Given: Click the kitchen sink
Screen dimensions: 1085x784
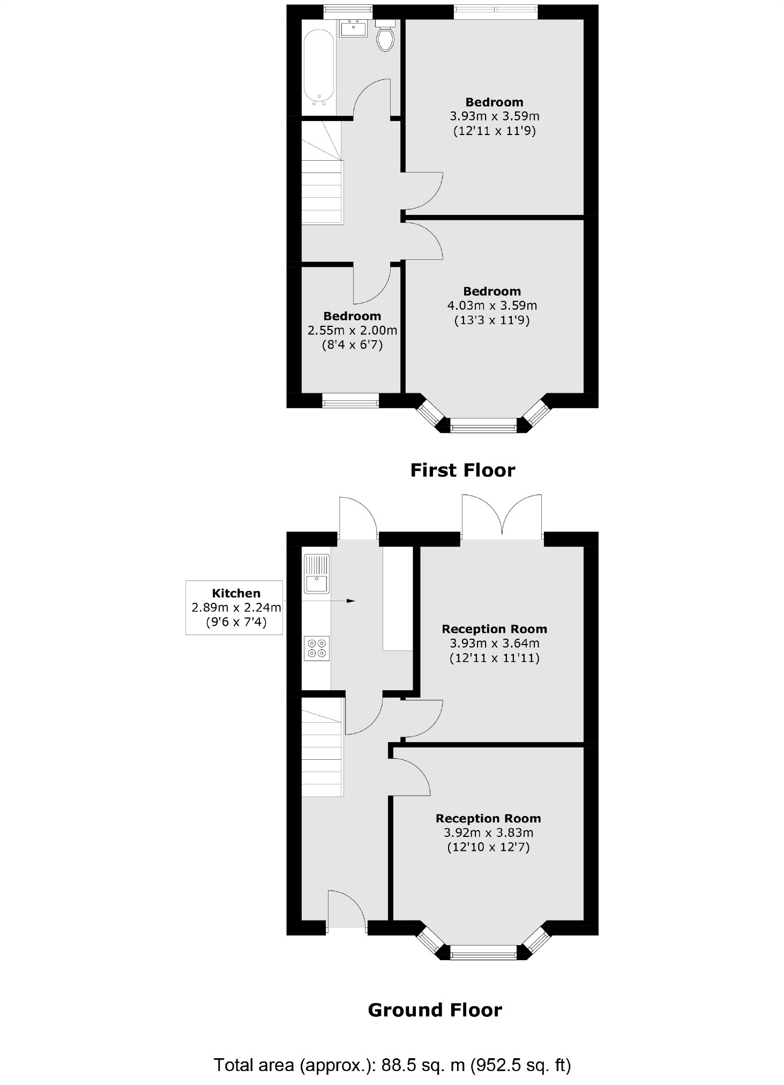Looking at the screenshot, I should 317,574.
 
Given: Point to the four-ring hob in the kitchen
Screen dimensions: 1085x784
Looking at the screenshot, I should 317,647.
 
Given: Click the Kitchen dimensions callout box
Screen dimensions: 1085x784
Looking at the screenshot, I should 234,608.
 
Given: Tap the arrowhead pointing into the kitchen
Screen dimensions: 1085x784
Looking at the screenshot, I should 351,601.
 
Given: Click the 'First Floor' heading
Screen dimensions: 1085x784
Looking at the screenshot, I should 462,470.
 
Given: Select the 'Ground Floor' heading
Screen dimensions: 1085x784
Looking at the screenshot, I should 435,1010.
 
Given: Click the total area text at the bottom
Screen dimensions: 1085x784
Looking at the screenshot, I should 392,1065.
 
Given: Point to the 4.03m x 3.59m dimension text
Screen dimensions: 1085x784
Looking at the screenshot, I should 492,305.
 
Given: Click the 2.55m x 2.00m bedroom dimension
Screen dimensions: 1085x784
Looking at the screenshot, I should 352,331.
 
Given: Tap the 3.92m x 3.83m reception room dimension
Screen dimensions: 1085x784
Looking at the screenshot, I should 488,833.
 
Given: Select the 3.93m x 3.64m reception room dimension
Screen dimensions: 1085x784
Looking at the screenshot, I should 494,643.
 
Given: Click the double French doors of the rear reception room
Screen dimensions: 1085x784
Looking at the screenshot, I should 502,517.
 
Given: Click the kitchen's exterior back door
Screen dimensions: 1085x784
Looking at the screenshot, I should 358,519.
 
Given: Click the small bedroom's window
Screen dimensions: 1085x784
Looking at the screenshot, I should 350,400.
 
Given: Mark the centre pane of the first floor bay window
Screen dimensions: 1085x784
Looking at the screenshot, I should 483,428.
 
